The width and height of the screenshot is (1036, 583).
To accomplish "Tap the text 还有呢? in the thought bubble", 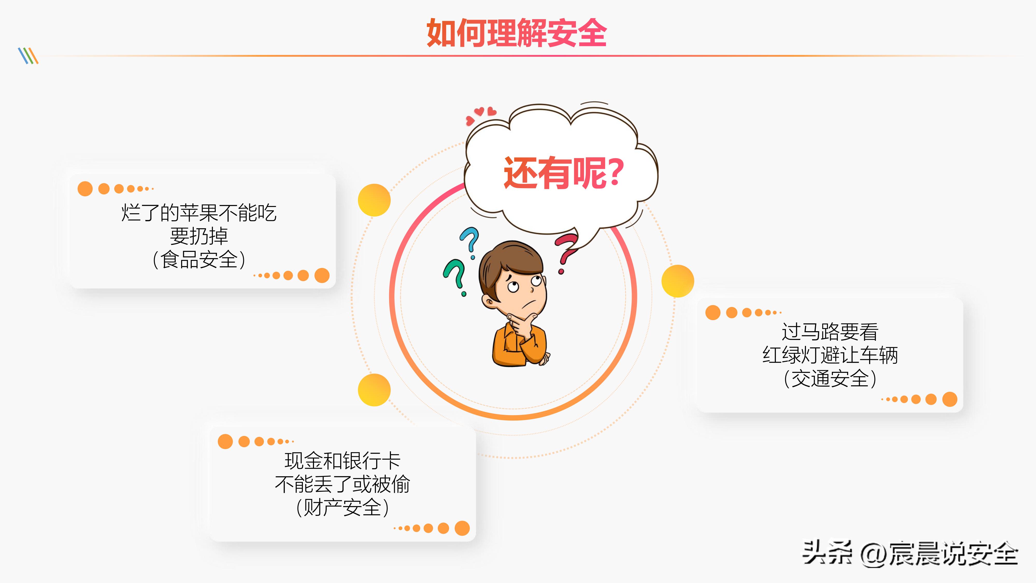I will coord(563,173).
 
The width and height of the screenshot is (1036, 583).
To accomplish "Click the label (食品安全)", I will coord(199,260).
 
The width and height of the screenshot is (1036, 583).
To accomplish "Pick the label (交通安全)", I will coord(830,379).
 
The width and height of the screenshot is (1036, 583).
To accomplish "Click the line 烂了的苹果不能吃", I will coord(199,213).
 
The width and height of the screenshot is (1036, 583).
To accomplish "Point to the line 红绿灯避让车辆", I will coord(830,355).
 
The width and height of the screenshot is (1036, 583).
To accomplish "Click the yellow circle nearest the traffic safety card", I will coord(678,281).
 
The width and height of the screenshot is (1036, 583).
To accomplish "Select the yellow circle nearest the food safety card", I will coord(374,200).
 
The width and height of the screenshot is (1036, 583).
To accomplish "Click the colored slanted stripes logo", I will coord(28,56).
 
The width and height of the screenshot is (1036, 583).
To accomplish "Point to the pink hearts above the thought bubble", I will coord(481,114).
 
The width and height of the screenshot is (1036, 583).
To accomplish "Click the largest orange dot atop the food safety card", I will coord(85,189).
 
